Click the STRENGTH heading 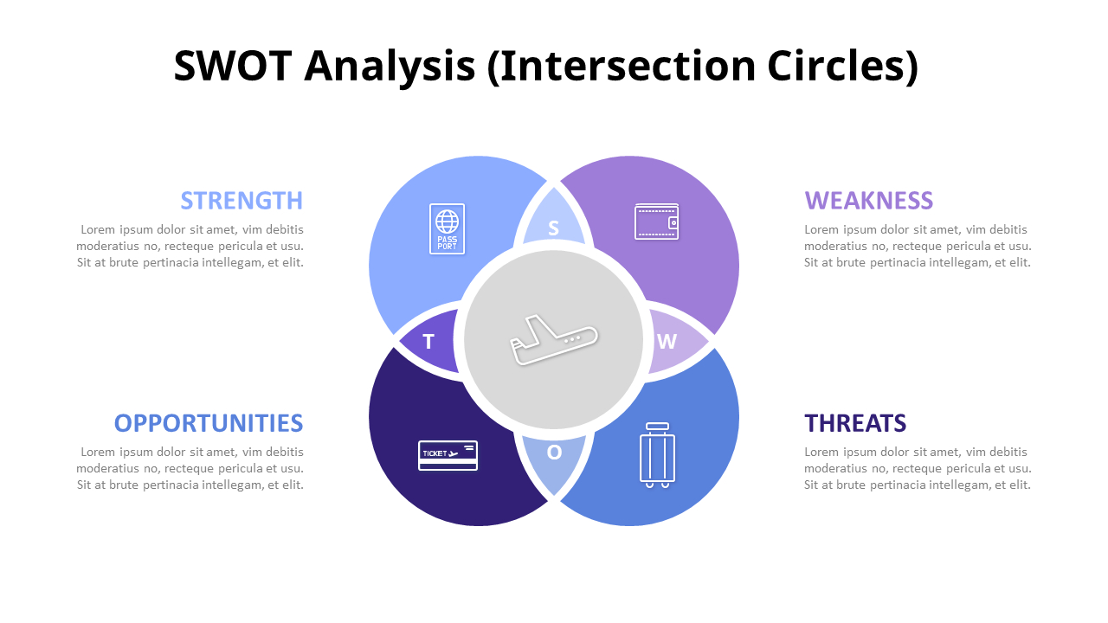click(242, 201)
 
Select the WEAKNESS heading click(868, 201)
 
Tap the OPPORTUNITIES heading click(209, 423)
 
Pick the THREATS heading click(855, 423)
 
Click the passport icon click(447, 229)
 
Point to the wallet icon click(656, 222)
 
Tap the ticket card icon click(448, 455)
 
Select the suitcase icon click(657, 455)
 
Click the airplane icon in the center click(554, 340)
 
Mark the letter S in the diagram click(553, 229)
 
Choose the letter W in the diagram click(666, 341)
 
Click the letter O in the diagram click(554, 452)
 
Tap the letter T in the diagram click(428, 342)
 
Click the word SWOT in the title click(232, 67)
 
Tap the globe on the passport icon click(447, 221)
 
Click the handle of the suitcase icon click(657, 427)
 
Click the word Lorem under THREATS click(822, 452)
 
